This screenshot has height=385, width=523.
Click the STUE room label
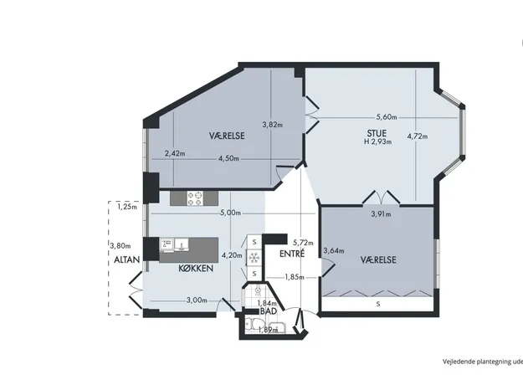point(377,133)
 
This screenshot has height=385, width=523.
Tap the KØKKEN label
point(196,268)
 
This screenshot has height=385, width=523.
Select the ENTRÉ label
point(292,254)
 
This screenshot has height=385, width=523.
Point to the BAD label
point(269,311)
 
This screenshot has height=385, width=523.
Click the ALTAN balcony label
point(126,259)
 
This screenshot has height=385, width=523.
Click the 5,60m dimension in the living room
point(387,117)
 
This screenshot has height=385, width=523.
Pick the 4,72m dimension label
point(418,136)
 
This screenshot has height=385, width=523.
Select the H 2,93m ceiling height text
point(378,141)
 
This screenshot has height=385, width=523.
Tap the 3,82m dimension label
point(273,125)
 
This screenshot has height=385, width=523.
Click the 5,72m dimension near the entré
point(303,243)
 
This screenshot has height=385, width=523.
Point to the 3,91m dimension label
point(381,214)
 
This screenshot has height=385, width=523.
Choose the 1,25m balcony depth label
point(127,207)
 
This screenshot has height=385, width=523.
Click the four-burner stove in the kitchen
point(195,198)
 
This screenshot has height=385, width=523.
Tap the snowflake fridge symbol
point(254,258)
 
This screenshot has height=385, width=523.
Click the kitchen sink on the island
point(181,244)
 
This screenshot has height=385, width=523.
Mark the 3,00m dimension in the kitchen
point(197,300)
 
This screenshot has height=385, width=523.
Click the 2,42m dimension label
point(175,153)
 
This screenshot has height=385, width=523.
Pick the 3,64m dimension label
point(334,250)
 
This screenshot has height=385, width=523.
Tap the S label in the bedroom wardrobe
point(378,304)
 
